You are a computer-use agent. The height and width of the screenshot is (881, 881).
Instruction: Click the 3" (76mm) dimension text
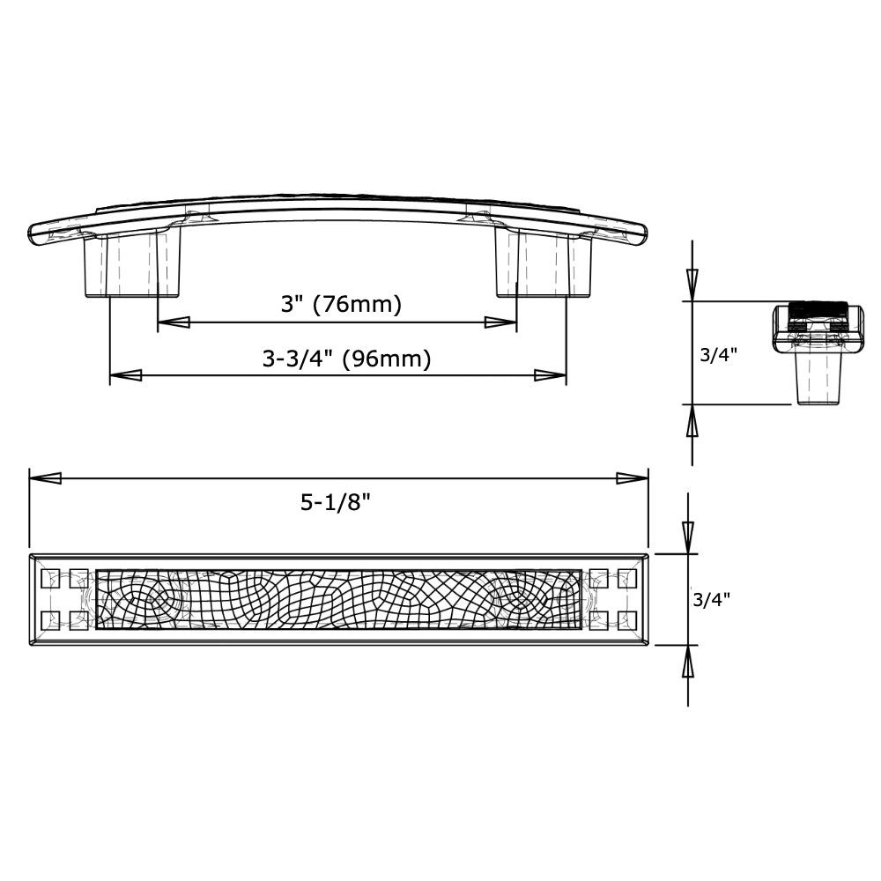tap(341, 305)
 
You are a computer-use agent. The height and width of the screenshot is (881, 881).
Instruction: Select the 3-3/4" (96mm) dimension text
tap(346, 359)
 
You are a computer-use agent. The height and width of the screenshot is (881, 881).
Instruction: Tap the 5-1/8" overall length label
tap(335, 503)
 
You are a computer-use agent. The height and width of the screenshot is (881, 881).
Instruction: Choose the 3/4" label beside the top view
tap(711, 600)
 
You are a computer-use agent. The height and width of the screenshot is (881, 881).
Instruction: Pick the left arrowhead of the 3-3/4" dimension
tap(126, 376)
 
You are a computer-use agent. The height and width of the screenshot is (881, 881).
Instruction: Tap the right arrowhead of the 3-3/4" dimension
tap(550, 376)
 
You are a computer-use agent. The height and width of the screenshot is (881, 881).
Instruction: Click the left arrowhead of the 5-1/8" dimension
tap(46, 478)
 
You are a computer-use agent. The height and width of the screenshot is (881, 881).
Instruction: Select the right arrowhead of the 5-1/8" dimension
tap(632, 478)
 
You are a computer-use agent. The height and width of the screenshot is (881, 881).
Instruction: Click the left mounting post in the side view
tap(133, 263)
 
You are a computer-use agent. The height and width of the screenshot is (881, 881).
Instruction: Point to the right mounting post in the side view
tap(543, 263)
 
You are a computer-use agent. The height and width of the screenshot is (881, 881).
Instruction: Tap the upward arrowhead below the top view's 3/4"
tap(688, 662)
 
